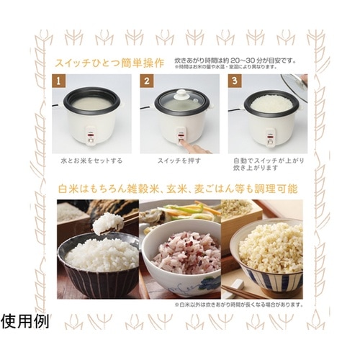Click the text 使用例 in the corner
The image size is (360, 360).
(24, 320)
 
